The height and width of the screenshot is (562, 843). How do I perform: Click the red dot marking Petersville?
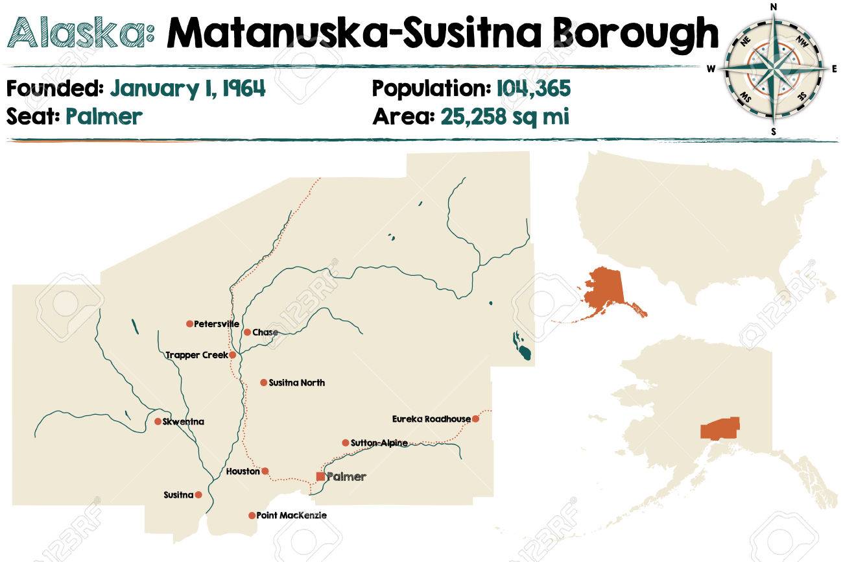click(189, 324)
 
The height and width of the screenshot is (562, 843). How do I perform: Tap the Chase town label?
click(265, 332)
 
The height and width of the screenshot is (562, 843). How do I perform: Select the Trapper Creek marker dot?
click(232, 355)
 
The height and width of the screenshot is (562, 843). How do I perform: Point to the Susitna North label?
click(296, 383)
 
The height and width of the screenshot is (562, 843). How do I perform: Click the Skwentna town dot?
click(158, 421)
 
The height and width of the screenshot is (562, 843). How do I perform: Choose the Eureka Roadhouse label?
click(431, 419)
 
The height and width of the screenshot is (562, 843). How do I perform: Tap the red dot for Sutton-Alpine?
click(345, 443)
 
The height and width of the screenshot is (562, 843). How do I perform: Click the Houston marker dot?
click(265, 471)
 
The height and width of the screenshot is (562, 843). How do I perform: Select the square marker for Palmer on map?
click(320, 476)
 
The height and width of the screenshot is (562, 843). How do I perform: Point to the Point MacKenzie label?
click(291, 515)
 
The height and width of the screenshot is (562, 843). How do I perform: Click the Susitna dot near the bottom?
click(198, 495)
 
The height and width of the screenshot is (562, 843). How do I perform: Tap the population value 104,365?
click(534, 88)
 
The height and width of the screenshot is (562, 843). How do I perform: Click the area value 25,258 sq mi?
click(505, 117)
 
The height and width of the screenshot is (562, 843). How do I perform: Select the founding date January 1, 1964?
click(187, 88)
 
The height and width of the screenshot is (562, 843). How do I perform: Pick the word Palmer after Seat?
click(103, 117)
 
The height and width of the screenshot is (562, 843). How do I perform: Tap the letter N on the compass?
click(773, 7)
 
